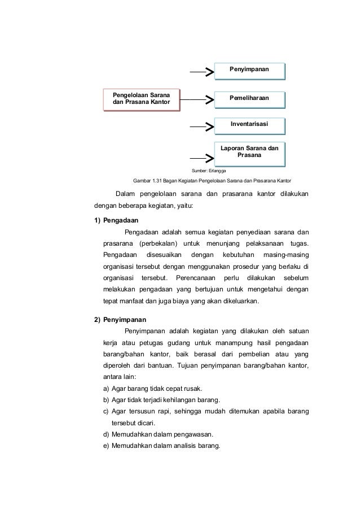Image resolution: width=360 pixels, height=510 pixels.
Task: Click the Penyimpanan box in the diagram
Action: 249,69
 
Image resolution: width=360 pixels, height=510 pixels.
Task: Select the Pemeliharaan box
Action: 249,98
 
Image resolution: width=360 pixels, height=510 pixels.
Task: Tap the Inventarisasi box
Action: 249,124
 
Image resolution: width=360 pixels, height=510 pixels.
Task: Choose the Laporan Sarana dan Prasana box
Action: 249,151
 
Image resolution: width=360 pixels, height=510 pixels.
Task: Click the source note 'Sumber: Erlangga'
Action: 208,170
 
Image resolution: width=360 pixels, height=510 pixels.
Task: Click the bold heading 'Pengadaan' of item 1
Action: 121,220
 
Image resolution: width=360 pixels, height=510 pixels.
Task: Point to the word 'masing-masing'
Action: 287,255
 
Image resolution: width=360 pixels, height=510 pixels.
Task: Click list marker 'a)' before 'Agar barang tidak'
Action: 106,389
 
